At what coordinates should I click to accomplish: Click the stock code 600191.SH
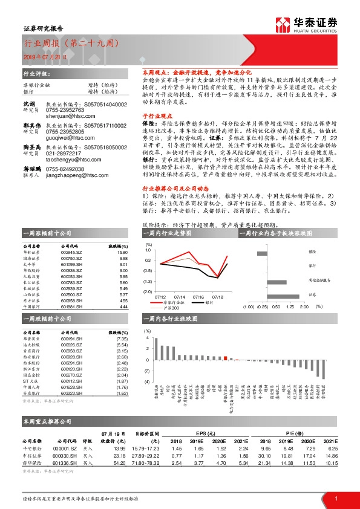pyautogui.click(x=71, y=339)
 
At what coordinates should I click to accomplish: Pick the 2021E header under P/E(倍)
pyautogui.click(x=329, y=442)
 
